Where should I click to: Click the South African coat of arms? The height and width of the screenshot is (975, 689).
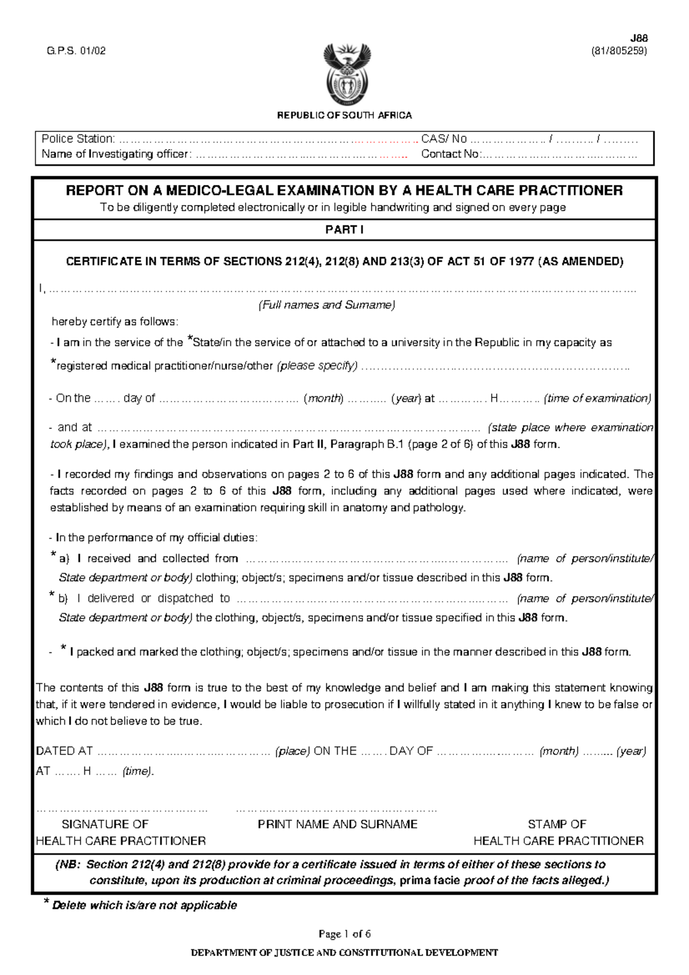pyautogui.click(x=344, y=73)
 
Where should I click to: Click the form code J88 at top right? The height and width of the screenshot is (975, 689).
pyautogui.click(x=639, y=38)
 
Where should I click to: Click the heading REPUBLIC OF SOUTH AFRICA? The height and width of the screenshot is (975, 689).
pyautogui.click(x=344, y=115)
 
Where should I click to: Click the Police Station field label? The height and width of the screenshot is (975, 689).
pyautogui.click(x=78, y=139)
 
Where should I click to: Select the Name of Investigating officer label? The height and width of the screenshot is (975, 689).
pyautogui.click(x=115, y=154)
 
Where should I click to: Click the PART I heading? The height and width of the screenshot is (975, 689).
pyautogui.click(x=344, y=230)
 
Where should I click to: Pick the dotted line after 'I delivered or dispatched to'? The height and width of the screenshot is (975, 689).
pyautogui.click(x=372, y=599)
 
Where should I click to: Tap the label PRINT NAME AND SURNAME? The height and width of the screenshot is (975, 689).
pyautogui.click(x=338, y=825)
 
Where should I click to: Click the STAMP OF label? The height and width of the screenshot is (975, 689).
pyautogui.click(x=557, y=825)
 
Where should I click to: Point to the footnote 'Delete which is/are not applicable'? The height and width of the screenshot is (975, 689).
pyautogui.click(x=144, y=906)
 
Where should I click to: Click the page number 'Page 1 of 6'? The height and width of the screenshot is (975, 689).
pyautogui.click(x=344, y=934)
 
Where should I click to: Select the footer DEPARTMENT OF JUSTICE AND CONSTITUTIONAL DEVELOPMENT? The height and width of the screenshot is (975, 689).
pyautogui.click(x=344, y=953)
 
